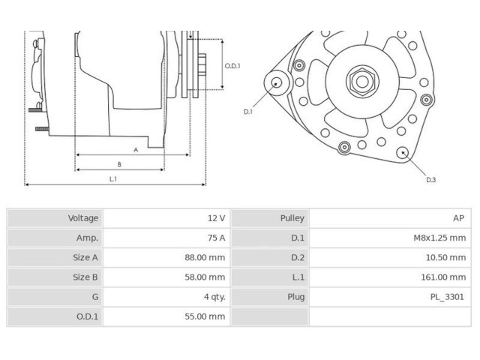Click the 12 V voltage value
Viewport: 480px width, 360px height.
tap(216, 218)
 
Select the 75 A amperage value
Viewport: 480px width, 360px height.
tap(216, 238)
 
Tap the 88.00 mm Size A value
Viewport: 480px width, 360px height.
tap(205, 257)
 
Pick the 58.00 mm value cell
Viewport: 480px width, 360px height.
tap(205, 277)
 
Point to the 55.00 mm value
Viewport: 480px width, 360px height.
tap(205, 316)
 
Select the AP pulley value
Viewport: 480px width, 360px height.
tap(457, 218)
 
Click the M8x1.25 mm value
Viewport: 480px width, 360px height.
tap(440, 238)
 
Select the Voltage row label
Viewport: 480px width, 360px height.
tap(83, 218)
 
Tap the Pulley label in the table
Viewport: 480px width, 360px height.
tap(292, 218)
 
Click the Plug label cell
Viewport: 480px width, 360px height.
tap(295, 297)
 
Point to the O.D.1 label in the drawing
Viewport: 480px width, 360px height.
tap(232, 66)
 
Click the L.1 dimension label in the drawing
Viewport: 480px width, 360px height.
tap(113, 178)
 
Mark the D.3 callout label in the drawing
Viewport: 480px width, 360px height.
tap(430, 180)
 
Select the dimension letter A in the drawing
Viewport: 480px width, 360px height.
tap(136, 149)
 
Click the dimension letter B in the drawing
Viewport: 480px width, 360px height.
tap(119, 164)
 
